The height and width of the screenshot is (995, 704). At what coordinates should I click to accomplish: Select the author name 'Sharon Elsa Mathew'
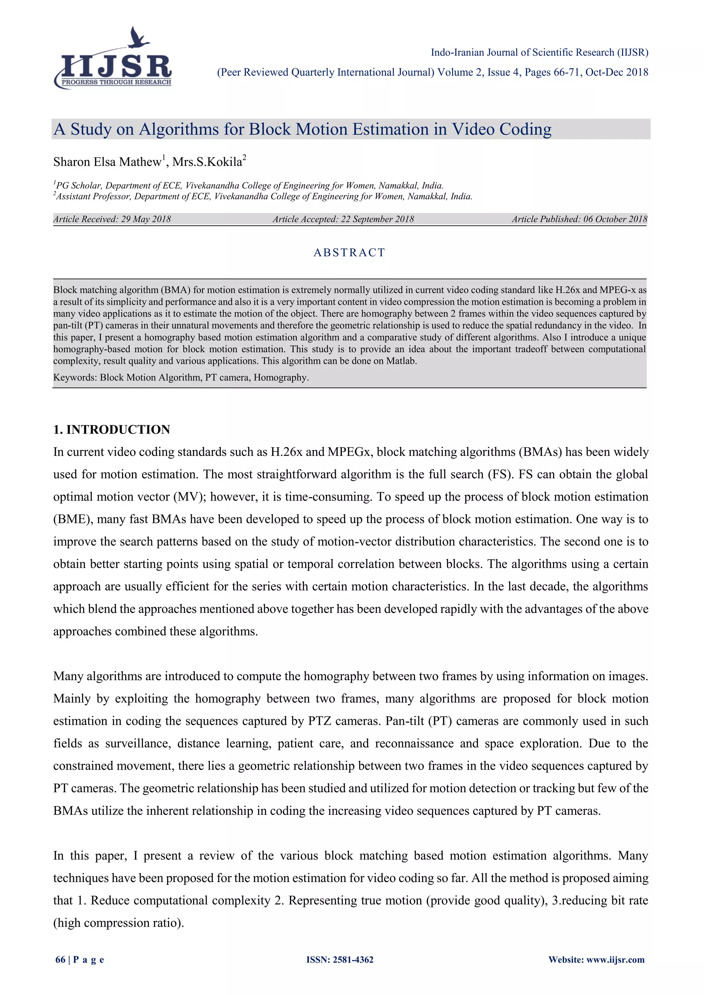pos(107,162)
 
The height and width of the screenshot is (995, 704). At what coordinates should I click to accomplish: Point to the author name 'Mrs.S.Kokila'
pos(207,162)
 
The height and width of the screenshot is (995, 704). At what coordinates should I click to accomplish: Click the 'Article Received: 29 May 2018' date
pos(112,219)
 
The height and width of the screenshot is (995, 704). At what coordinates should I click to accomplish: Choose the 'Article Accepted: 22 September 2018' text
pos(343,219)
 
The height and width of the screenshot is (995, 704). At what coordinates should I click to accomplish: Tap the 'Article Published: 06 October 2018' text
pos(579,219)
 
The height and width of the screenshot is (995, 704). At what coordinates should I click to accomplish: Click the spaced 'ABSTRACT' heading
pos(349,253)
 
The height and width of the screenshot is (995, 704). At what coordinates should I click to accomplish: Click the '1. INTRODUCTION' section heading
pos(111,429)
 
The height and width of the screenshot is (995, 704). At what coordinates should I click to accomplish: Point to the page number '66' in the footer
pos(60,960)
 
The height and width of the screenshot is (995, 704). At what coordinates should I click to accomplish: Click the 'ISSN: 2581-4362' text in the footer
pos(340,960)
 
